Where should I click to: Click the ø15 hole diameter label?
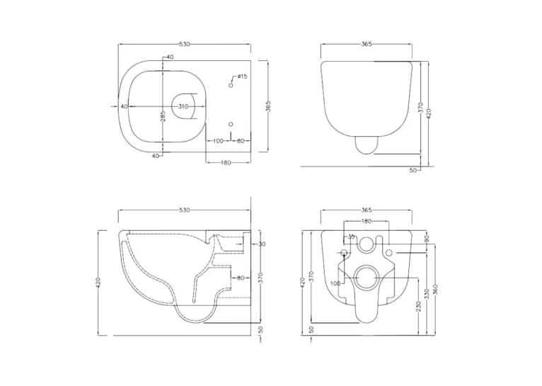pos(242,76)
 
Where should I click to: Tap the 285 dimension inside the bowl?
pos(163,116)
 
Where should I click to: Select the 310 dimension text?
pos(183,106)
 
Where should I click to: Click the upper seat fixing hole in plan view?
pos(231,85)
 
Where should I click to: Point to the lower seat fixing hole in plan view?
pos(231,124)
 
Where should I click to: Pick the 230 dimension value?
pos(419,307)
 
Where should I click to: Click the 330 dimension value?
pos(427,294)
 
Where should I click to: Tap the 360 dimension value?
pos(435,289)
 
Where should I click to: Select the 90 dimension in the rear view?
pos(427,238)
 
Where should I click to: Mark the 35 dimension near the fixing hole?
pos(351,237)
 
